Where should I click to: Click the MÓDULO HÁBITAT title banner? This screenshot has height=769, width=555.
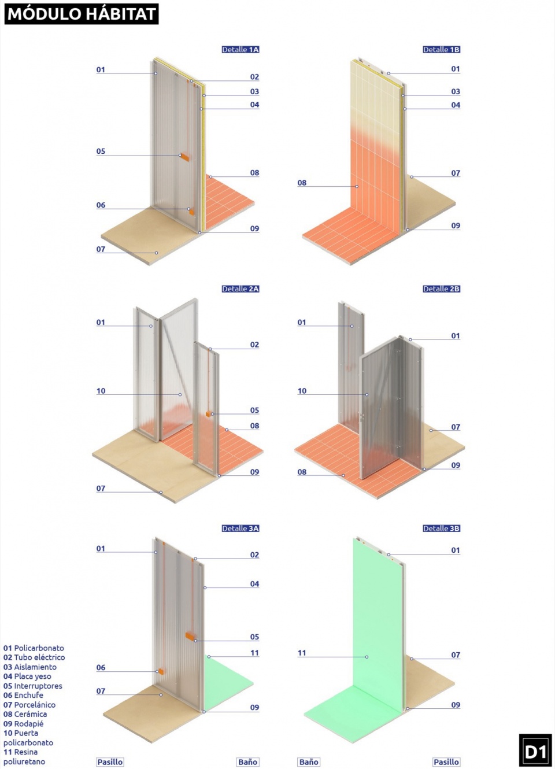pos(82,14)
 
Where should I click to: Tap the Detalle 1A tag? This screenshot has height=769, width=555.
pos(240,50)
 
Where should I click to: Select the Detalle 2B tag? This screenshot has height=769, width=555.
pos(441,289)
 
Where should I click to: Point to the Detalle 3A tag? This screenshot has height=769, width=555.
pos(240,528)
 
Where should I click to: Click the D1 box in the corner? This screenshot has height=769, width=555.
pos(535,750)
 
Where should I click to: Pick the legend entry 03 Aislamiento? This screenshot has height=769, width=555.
pos(30,667)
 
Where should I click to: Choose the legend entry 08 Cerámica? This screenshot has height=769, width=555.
pos(25,713)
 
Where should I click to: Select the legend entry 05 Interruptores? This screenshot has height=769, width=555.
pos(33,686)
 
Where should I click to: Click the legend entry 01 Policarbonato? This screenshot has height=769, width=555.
pos(34,648)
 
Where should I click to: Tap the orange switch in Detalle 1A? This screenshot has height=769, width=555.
pos(184,157)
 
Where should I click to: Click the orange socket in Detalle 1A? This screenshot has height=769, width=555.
pos(191,212)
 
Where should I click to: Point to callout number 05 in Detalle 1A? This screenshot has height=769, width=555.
pos(101,151)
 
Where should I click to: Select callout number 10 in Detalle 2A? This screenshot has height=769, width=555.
pos(101,391)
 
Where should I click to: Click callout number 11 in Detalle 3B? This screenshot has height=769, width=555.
pos(302,653)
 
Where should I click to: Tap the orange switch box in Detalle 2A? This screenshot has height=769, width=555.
pos(208,415)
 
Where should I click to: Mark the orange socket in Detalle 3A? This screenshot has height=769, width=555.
pos(161,671)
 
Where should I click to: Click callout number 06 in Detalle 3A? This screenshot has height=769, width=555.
pos(101,667)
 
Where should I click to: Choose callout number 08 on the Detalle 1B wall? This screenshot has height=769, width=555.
pos(302,183)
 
